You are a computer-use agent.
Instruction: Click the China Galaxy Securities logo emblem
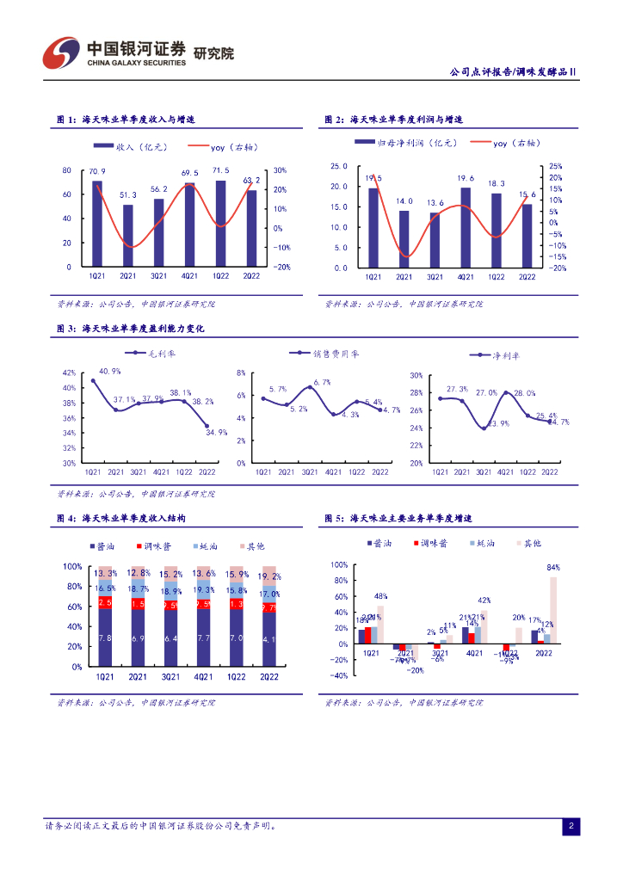pos(61,54)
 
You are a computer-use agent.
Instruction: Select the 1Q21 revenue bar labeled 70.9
pos(97,224)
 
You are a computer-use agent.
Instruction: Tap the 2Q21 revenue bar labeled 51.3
pos(128,236)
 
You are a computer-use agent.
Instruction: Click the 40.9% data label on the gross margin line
pos(110,371)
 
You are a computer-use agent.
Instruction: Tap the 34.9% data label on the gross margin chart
pos(217,432)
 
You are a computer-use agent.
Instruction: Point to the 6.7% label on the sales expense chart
pos(322,382)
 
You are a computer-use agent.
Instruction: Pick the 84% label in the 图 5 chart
pos(553,568)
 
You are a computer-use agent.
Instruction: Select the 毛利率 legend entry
pos(150,353)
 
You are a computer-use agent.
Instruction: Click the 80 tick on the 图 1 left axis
pos(67,170)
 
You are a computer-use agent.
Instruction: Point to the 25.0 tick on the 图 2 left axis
pos(339,166)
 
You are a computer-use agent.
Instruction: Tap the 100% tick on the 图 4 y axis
pos(72,566)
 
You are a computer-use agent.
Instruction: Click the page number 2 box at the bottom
pos(570,827)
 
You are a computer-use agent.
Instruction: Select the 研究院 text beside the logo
pos(214,53)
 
